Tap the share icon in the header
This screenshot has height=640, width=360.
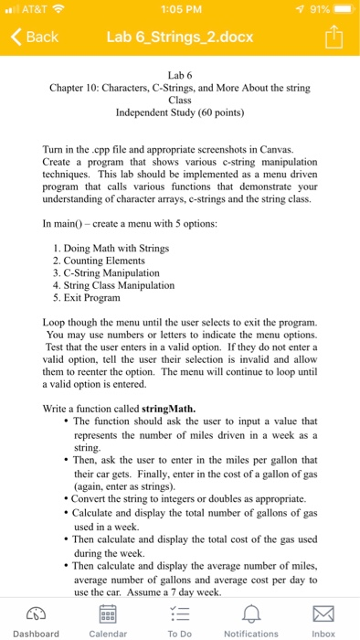(x=334, y=37)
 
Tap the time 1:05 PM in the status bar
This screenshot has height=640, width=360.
(x=179, y=9)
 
